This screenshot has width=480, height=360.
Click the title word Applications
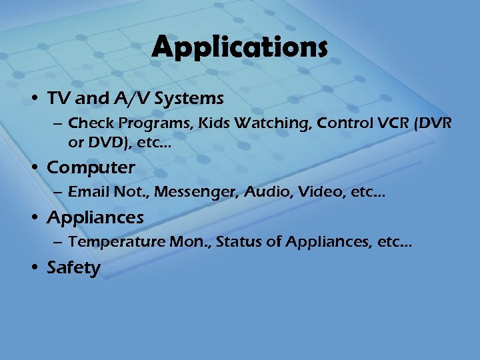click(239, 48)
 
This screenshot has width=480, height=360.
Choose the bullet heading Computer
click(91, 167)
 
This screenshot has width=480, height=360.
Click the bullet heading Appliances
click(95, 217)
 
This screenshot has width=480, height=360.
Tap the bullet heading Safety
click(73, 268)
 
